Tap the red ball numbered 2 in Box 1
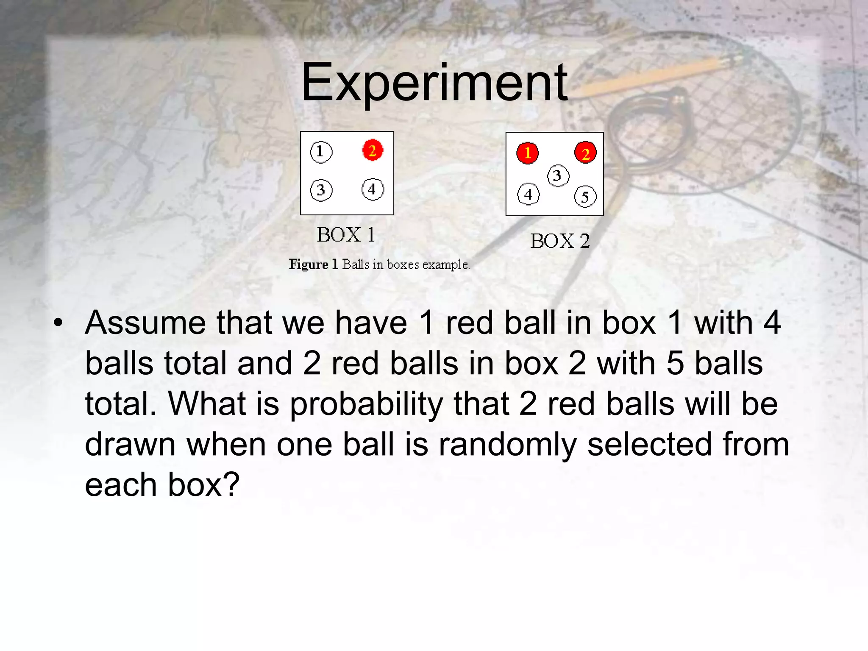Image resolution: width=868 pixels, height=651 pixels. click(373, 150)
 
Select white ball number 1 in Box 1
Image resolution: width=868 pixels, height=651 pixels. click(321, 152)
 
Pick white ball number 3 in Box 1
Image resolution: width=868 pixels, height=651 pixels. click(321, 190)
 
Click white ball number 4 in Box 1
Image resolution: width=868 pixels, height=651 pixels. click(373, 189)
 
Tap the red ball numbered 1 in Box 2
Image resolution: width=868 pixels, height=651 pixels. click(527, 153)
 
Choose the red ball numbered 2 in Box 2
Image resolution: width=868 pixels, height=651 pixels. click(585, 153)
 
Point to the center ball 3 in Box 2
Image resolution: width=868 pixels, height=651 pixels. click(558, 175)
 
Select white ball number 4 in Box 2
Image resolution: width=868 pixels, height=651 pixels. click(528, 194)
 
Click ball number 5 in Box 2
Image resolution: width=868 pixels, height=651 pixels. click(585, 197)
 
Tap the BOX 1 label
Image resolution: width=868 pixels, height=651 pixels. click(346, 235)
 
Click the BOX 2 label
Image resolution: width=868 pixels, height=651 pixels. click(560, 241)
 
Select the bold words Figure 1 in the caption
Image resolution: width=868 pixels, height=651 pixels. click(313, 264)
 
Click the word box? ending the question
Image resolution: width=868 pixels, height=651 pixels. click(203, 485)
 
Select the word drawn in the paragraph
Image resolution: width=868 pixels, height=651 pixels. click(130, 445)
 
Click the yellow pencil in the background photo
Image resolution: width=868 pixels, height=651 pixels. click(661, 74)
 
